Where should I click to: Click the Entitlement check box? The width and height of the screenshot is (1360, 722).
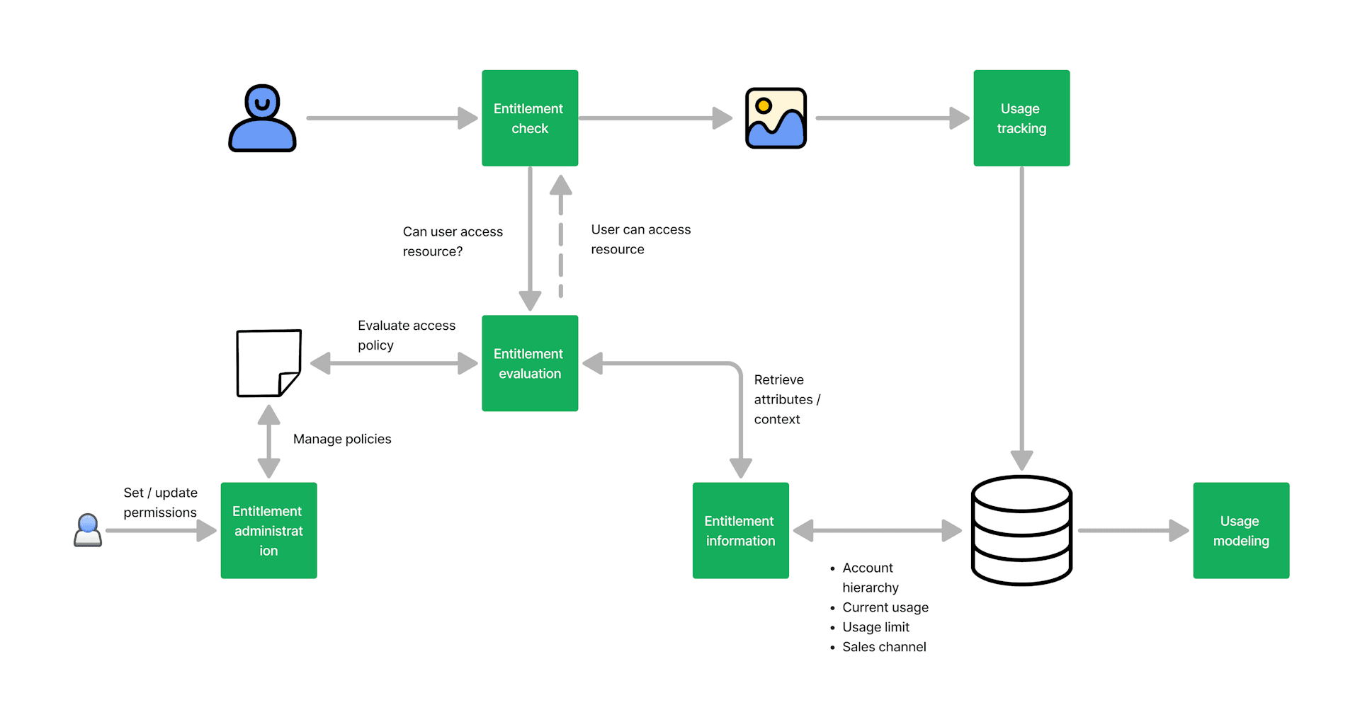530,118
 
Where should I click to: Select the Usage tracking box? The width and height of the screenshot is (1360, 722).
1021,118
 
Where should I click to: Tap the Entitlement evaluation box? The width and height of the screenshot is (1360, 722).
530,363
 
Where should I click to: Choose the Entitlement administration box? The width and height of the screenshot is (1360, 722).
268,530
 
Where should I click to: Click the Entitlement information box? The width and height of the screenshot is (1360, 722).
740,530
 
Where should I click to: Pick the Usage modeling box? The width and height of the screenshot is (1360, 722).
1241,530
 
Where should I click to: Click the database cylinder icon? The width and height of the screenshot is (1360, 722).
1021,530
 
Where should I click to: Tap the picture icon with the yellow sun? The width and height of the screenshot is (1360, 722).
776,118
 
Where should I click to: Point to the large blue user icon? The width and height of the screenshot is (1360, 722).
262,118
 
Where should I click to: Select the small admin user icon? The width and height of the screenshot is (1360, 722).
88,530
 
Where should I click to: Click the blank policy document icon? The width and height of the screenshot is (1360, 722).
268,363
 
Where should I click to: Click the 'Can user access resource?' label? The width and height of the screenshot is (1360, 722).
453,241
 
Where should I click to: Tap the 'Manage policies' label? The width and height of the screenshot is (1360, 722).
342,439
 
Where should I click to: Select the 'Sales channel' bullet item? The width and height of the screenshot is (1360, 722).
884,647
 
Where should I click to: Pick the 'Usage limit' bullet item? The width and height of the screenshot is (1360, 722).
875,627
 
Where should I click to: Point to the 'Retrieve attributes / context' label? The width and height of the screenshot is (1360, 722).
786,399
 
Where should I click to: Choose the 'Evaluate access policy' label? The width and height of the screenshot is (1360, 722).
406,335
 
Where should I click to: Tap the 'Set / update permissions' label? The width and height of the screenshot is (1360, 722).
160,503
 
